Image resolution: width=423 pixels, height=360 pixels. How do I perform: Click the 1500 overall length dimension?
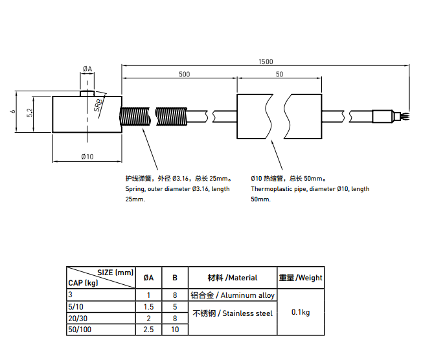tap(266, 62)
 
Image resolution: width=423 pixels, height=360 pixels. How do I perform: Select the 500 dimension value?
tap(184, 74)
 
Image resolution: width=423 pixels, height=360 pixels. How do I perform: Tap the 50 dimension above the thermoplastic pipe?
tap(279, 74)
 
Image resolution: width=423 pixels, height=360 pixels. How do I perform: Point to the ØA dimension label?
tap(87, 69)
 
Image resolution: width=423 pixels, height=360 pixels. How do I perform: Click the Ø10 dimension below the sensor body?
tap(87, 157)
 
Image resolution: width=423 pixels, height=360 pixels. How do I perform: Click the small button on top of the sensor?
tap(87, 93)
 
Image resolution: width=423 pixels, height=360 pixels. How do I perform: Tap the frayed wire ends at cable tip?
tap(405, 116)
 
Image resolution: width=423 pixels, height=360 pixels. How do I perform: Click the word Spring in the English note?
tap(135, 189)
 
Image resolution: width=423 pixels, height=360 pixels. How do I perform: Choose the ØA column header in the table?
tap(148, 278)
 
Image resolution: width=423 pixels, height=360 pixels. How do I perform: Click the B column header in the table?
tap(174, 278)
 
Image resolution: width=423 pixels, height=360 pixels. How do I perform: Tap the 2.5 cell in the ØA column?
tap(148, 330)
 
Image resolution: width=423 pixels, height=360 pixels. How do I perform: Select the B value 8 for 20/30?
tap(174, 318)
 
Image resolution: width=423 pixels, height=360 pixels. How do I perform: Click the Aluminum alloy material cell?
tap(233, 295)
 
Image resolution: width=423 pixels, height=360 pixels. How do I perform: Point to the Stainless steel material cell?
tap(233, 313)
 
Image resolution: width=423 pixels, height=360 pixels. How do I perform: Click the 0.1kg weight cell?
tap(301, 312)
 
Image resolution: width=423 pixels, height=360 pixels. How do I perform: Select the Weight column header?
tap(301, 278)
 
